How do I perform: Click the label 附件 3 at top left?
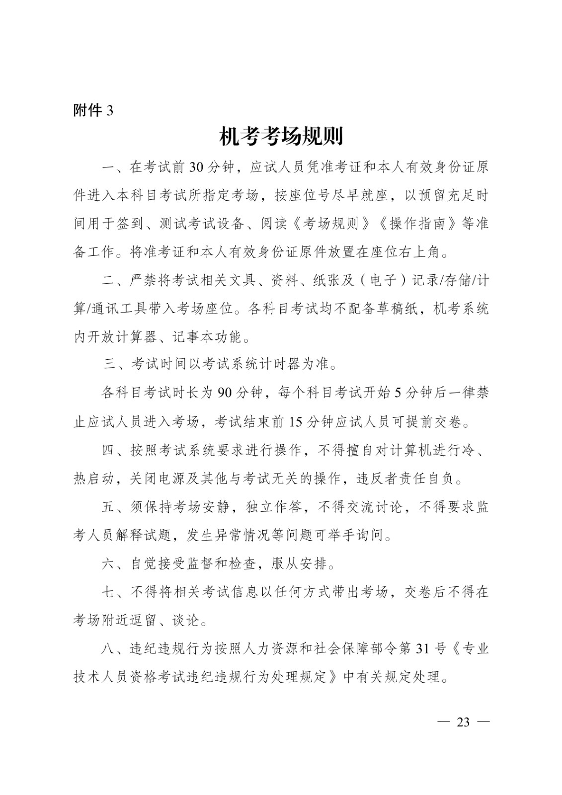(x=93, y=110)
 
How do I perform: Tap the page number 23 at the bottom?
(x=463, y=722)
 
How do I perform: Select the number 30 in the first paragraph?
(x=196, y=167)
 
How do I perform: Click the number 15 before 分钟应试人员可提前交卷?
(x=295, y=422)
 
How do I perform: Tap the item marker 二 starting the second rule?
(x=109, y=280)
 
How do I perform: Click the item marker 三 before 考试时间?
(x=110, y=365)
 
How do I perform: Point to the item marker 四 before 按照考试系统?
(x=109, y=450)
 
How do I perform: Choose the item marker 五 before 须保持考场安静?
(x=109, y=507)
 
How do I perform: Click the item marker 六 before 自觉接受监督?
(x=109, y=564)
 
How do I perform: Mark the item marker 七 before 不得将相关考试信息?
(x=109, y=592)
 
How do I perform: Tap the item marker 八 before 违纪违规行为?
(x=109, y=649)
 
